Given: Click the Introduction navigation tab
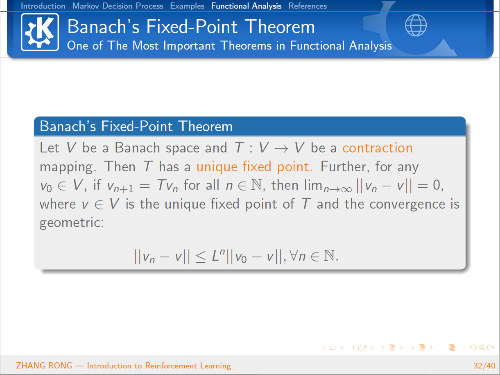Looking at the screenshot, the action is (43, 6).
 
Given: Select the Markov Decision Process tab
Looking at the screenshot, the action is (118, 6).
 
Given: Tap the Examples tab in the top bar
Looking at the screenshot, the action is (187, 6).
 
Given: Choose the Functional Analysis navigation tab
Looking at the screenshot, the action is (246, 6).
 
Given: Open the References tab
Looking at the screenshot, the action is (308, 6).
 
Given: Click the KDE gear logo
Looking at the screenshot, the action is (40, 32).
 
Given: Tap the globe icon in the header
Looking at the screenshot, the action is (416, 25).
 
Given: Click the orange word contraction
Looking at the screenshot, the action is (378, 148).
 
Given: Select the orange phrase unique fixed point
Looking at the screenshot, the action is (254, 167).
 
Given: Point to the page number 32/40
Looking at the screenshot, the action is (484, 366).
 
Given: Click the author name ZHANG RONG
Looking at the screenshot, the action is (44, 366).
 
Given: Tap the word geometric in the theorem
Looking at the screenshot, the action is (72, 223).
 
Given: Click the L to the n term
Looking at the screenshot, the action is (218, 255).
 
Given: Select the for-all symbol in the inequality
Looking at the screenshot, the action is (294, 255).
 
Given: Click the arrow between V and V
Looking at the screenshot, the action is (282, 149).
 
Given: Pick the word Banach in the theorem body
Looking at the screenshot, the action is (137, 148).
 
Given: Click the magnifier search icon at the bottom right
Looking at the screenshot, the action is (482, 348).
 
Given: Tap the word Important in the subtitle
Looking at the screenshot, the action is (189, 45).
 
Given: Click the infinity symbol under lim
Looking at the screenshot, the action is (346, 189).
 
